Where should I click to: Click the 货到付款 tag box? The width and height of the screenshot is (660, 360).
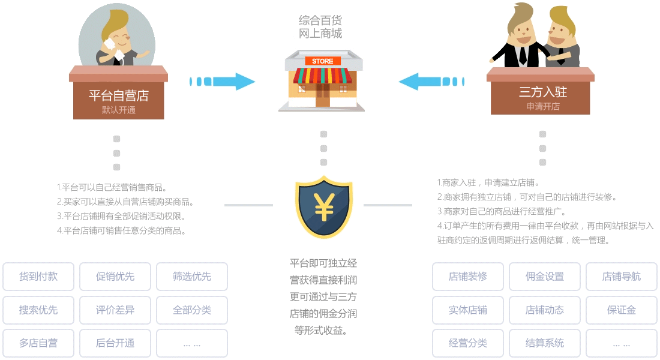click(x=38, y=277)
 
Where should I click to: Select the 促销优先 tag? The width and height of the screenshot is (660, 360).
click(x=115, y=277)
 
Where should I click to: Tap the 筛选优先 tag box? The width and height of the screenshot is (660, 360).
click(x=192, y=277)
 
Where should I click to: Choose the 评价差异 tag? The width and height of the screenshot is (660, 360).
click(x=115, y=310)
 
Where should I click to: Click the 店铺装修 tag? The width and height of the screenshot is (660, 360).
click(x=468, y=277)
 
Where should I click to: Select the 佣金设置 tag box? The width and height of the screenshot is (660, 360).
click(x=545, y=277)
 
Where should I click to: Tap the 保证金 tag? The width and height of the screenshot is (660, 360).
click(x=622, y=310)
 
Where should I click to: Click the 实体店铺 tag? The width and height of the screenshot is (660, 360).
click(x=468, y=310)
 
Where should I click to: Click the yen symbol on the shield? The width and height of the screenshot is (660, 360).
click(x=324, y=208)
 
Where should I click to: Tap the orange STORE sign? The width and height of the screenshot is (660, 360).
click(x=323, y=61)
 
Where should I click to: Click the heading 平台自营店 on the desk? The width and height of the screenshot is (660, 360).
click(x=118, y=95)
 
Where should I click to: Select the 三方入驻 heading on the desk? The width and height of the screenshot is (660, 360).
click(x=542, y=92)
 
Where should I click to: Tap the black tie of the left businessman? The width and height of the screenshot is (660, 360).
click(x=523, y=55)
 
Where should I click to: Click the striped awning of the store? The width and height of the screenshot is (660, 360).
click(x=323, y=76)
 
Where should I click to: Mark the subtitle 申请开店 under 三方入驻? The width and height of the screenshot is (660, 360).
click(x=542, y=107)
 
